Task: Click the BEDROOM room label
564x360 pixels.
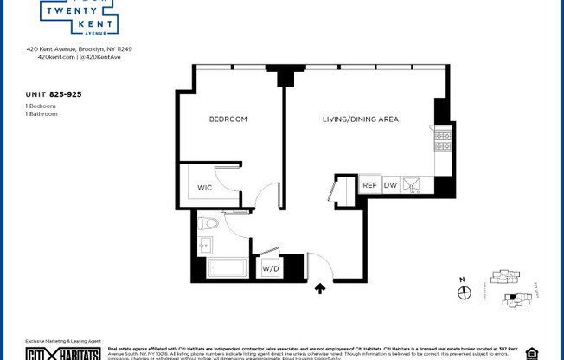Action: [x=228, y=119]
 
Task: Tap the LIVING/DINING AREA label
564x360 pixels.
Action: [x=360, y=119]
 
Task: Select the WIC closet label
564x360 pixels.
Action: [x=204, y=187]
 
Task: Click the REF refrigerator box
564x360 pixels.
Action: [x=369, y=185]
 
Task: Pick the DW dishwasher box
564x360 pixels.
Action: [x=390, y=185]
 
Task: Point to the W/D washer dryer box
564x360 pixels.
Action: [x=271, y=268]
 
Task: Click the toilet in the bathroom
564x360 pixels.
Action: [x=208, y=223]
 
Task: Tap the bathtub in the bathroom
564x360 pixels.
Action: [x=227, y=267]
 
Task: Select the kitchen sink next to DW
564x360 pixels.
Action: [x=413, y=185]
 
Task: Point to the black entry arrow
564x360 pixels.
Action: [x=320, y=289]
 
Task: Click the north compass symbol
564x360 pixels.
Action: [x=465, y=292]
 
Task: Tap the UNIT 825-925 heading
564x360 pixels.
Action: [x=54, y=93]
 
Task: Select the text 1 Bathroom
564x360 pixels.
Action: [x=42, y=113]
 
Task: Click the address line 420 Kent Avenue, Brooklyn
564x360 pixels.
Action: [x=79, y=49]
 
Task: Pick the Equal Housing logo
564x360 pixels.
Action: [x=531, y=353]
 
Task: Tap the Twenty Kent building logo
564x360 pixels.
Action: [x=79, y=16]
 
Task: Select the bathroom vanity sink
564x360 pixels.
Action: [x=204, y=246]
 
